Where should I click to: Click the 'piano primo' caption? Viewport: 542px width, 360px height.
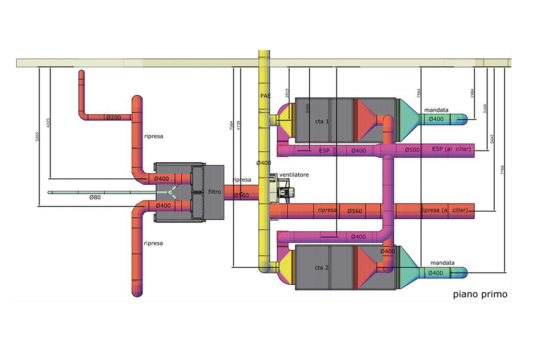coord(480,294)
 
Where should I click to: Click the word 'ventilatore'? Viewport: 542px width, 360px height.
coord(294,175)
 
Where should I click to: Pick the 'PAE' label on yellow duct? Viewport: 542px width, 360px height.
coord(265,95)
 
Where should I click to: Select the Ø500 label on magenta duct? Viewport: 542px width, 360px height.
coord(413,150)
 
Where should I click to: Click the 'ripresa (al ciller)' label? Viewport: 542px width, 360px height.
coord(444,210)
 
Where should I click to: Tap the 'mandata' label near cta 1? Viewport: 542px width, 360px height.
coord(436,110)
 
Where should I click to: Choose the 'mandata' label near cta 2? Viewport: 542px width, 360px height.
coord(442,263)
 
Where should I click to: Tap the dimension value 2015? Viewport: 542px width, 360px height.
coord(287,93)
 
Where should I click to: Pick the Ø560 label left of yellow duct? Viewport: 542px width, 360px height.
coord(241,196)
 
